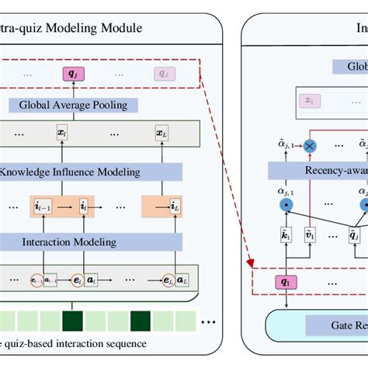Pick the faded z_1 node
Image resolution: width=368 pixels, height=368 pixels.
pyautogui.click(x=309, y=100)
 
